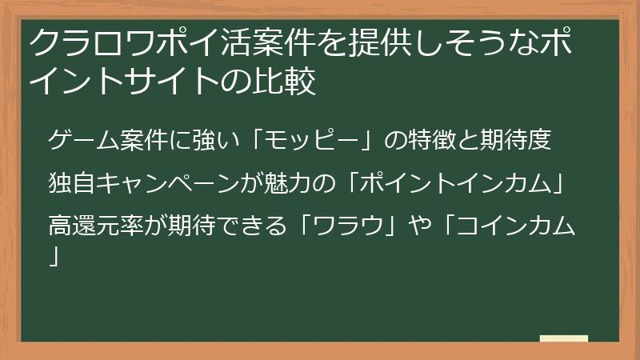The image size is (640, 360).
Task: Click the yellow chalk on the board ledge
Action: click(x=564, y=338)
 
